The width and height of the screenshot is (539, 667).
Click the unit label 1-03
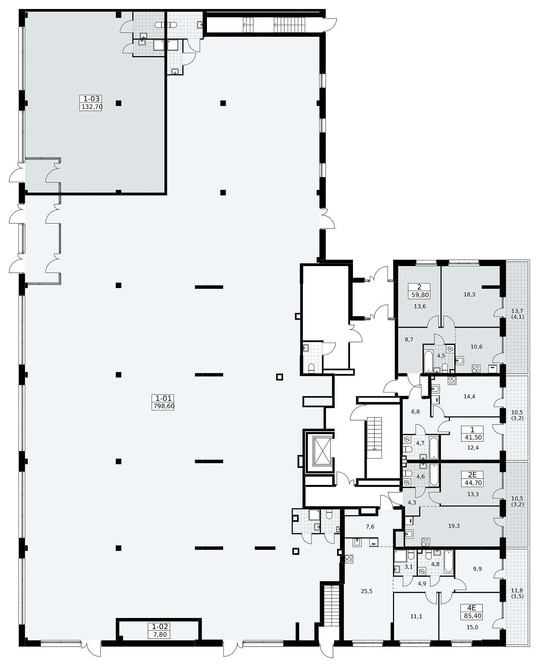coord(92,99)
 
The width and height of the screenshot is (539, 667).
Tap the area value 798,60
coord(163,406)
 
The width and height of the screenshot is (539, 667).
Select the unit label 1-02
coord(160,627)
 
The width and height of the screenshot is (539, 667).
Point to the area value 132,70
coord(92,107)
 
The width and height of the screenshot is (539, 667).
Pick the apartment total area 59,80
coord(419,295)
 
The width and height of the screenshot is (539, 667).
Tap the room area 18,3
coord(469,295)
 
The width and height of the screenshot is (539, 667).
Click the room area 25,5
coord(366,591)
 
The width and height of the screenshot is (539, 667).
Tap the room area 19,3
coord(454,526)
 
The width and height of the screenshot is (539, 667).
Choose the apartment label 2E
coord(472,475)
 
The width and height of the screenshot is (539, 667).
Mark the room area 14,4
coord(469,397)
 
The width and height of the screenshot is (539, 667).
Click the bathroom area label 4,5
coord(441,355)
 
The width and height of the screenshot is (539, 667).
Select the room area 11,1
coord(416,617)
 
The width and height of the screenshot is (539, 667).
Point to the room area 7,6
coord(370,527)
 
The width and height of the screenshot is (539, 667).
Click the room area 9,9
coord(477,569)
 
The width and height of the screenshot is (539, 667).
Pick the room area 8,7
coord(409,340)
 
